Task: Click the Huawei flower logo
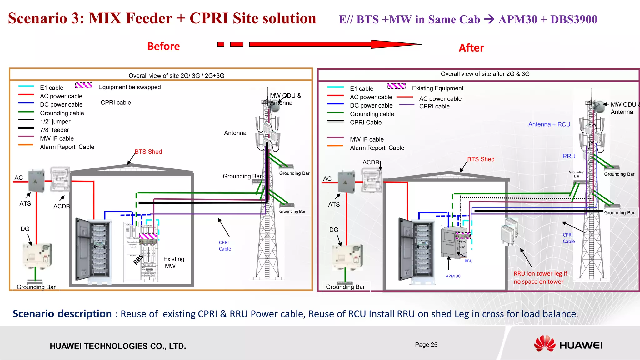click(x=545, y=344)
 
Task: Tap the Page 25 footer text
click(x=426, y=345)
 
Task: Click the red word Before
click(x=163, y=46)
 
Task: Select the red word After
click(x=471, y=48)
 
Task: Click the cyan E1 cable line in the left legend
click(x=26, y=86)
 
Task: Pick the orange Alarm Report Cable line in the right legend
click(x=335, y=146)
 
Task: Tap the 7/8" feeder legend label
click(x=54, y=130)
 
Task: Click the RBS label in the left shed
click(x=138, y=259)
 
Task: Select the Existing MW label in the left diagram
click(x=173, y=262)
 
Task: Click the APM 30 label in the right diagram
click(x=453, y=276)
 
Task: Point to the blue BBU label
click(x=468, y=261)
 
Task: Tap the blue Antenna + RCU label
click(x=549, y=124)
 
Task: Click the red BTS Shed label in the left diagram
click(x=148, y=152)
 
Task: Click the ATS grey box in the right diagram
click(x=346, y=182)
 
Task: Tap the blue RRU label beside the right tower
click(x=569, y=156)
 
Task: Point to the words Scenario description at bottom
click(x=62, y=314)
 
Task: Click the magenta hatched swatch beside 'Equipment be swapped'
click(x=83, y=85)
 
